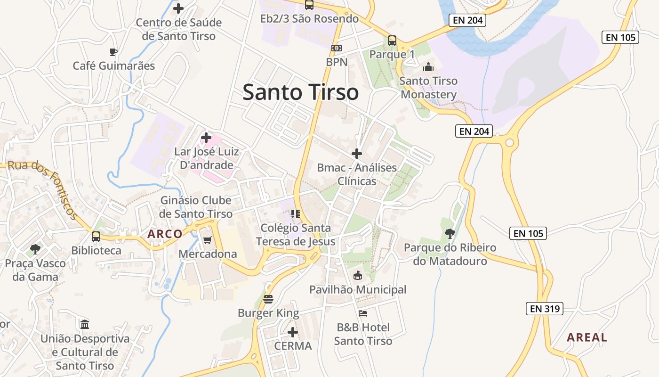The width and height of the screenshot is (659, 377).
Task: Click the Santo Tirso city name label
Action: (x=300, y=92)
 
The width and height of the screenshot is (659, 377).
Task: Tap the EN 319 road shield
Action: (x=544, y=309)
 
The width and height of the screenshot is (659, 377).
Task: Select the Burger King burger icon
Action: (x=268, y=299)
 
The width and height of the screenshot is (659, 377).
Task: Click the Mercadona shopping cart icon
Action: (x=207, y=240)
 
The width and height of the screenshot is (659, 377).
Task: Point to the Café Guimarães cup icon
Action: (x=113, y=52)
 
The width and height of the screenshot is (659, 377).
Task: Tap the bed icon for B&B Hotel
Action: (x=362, y=313)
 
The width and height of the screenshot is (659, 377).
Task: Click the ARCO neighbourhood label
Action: (x=165, y=234)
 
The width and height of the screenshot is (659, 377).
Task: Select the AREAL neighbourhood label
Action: (x=587, y=337)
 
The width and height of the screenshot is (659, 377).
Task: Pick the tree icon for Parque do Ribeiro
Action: (x=450, y=233)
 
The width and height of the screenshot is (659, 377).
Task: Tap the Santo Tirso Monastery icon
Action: (x=428, y=67)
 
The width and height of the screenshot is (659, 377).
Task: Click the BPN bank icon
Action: (x=336, y=48)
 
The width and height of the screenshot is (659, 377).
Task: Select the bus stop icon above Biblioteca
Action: (x=96, y=237)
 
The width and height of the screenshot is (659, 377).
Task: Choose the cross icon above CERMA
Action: (x=293, y=332)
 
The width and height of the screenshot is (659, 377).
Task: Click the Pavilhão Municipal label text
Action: (x=358, y=289)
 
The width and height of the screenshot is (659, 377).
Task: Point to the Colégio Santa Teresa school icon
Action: (x=296, y=214)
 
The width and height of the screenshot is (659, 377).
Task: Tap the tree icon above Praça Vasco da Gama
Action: (x=35, y=249)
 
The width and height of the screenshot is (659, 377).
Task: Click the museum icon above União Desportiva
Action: (x=85, y=324)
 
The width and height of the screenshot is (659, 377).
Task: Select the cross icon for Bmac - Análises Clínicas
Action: (x=357, y=154)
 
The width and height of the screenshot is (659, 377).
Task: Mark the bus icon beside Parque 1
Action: (x=392, y=41)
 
